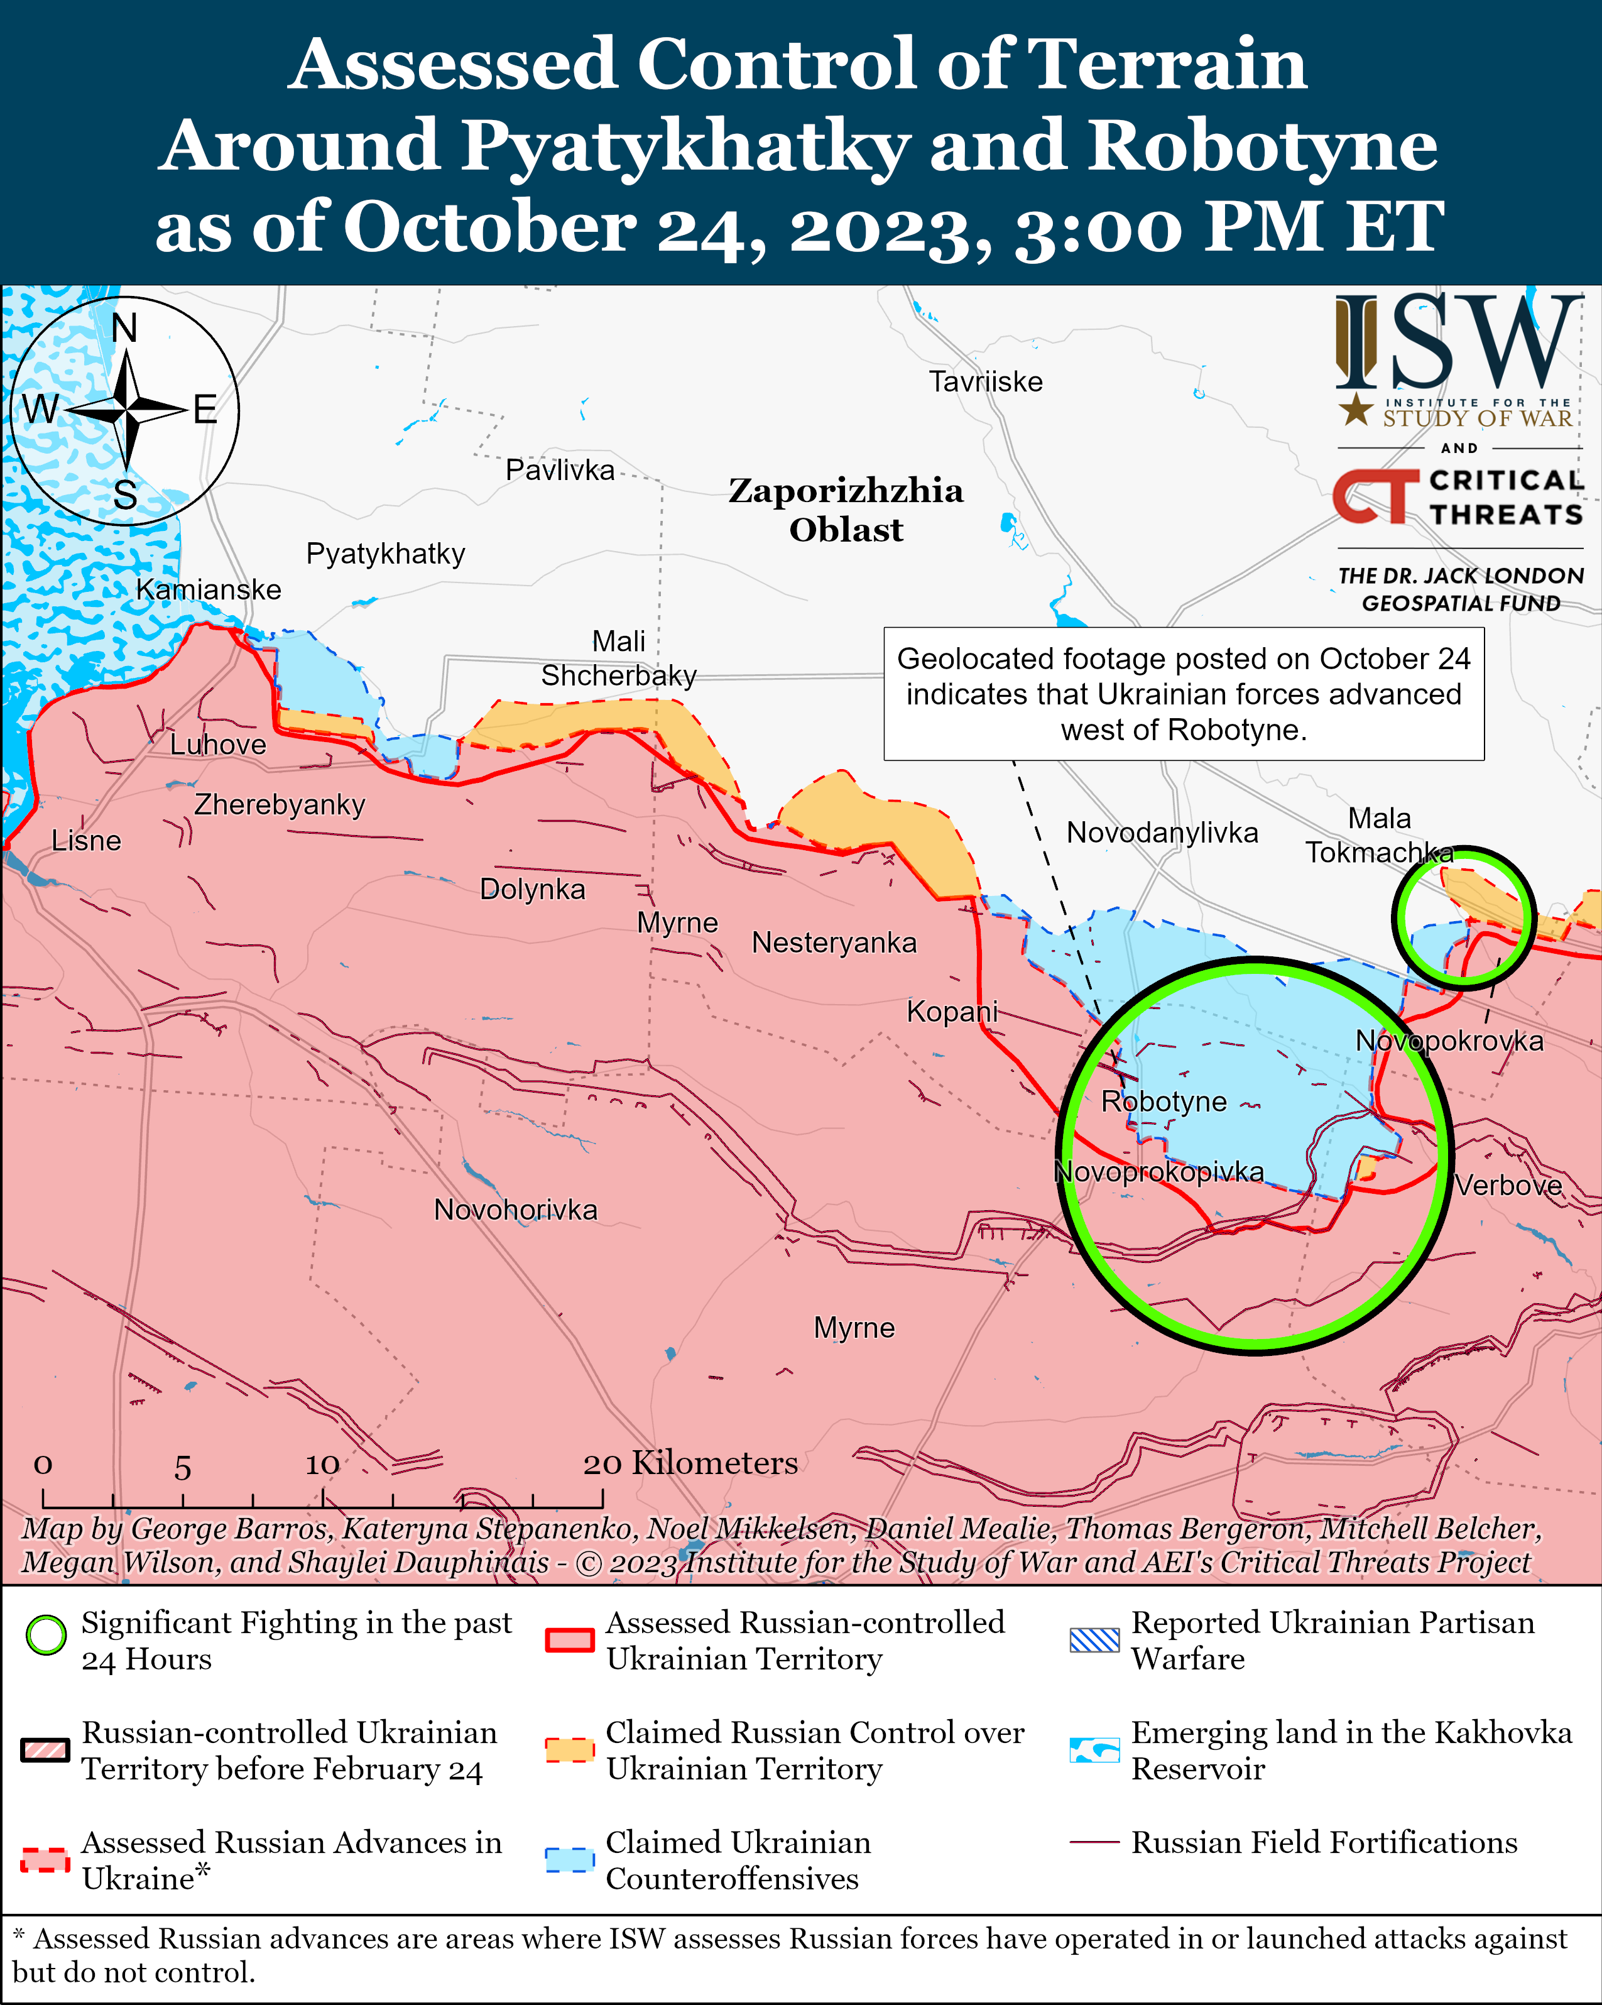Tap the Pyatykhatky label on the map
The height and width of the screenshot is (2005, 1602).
pyautogui.click(x=385, y=554)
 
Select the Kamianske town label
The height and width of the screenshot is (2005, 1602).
pyautogui.click(x=209, y=589)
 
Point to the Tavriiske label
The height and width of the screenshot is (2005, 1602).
pyautogui.click(x=986, y=381)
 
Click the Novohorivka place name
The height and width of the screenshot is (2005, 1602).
pyautogui.click(x=515, y=1210)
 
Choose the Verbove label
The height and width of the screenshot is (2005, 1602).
pyautogui.click(x=1508, y=1185)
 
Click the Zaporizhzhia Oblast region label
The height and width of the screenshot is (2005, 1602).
pyautogui.click(x=845, y=510)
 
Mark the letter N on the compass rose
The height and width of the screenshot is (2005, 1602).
pyautogui.click(x=124, y=328)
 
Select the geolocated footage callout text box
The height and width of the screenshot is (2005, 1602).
pyautogui.click(x=1183, y=694)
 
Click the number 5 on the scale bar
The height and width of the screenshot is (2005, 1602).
pyautogui.click(x=182, y=1468)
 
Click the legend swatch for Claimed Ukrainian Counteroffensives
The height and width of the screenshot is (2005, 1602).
pyautogui.click(x=569, y=1859)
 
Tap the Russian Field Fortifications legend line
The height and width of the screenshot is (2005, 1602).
pyautogui.click(x=1094, y=1842)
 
